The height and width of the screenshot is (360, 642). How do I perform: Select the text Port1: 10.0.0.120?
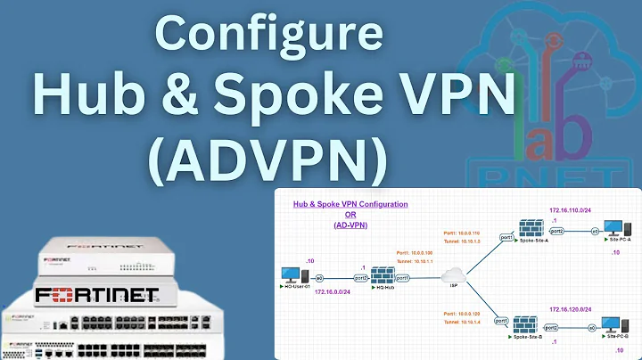[465, 311]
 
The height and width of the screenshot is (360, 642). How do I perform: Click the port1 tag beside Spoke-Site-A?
[505, 238]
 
